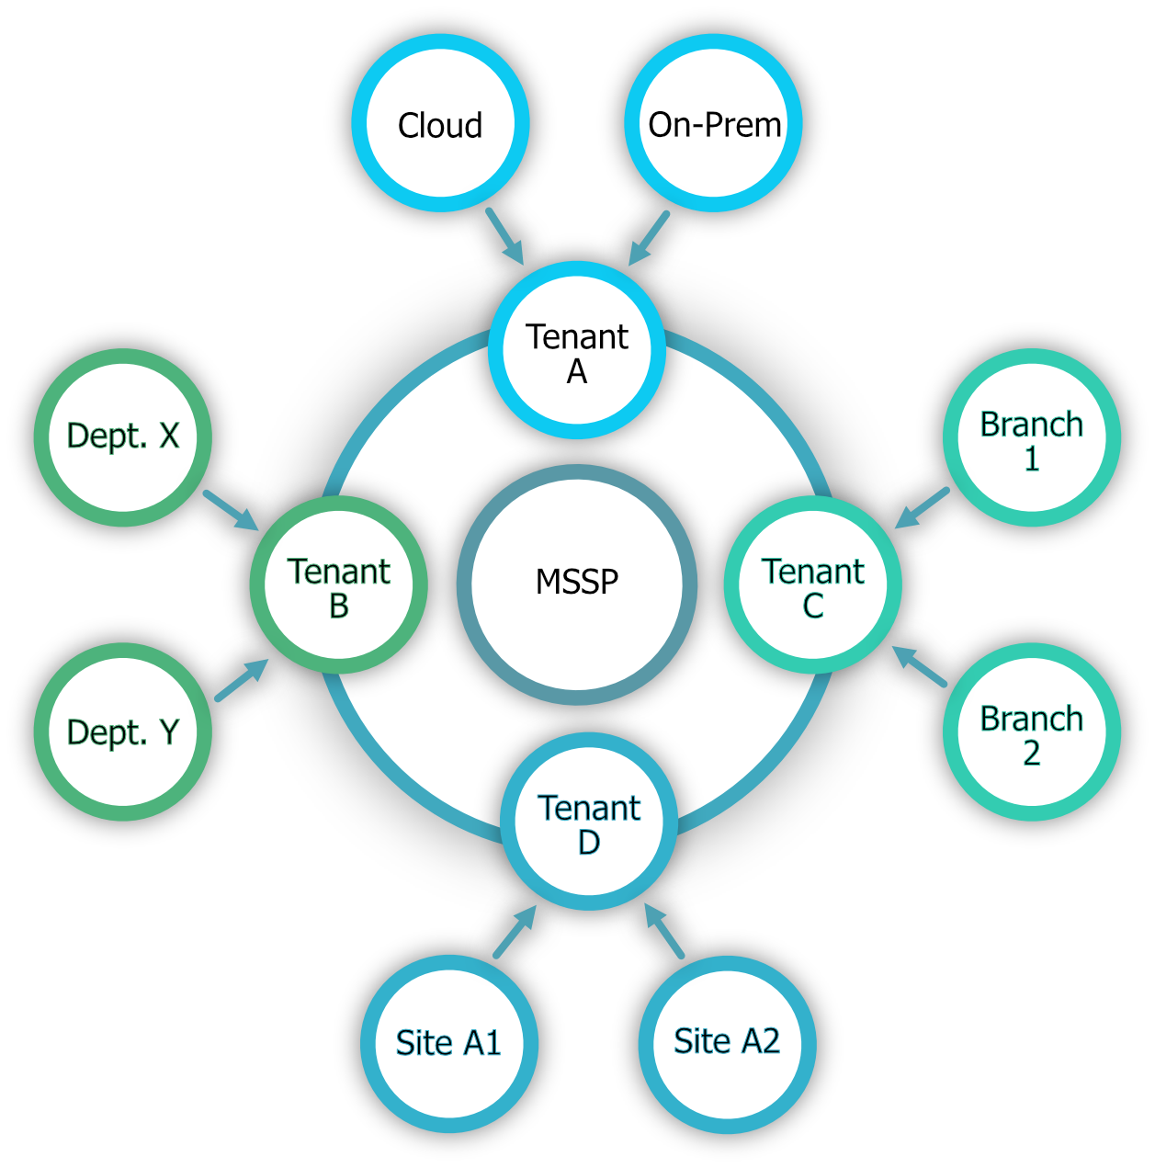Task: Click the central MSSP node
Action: point(577,584)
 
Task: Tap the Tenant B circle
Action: point(339,584)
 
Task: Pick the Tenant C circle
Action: point(813,584)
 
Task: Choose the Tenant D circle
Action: point(589,822)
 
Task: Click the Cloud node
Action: point(440,123)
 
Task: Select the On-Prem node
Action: point(714,123)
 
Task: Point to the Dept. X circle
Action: point(123,437)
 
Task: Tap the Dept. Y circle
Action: point(123,731)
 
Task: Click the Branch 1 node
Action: point(1032,437)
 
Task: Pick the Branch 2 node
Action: point(1032,731)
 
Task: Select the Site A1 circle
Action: point(449,1044)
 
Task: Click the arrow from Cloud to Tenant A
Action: point(504,236)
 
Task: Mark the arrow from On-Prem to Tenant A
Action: point(650,238)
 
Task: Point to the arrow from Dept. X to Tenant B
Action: point(232,510)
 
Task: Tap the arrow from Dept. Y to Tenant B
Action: point(242,680)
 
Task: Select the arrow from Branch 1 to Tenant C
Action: point(922,508)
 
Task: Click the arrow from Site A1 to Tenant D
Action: point(515,932)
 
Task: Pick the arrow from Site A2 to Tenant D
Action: point(664,931)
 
